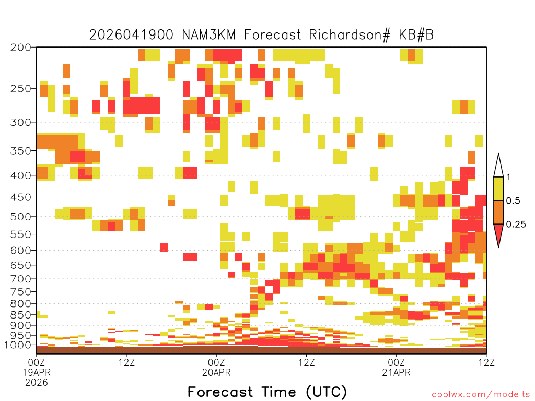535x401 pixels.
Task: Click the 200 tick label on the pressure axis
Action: tap(20, 48)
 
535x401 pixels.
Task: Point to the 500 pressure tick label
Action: tap(20, 217)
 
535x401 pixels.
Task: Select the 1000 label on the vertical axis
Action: tap(17, 345)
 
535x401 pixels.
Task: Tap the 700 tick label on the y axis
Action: tap(20, 279)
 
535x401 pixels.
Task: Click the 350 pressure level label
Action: tap(20, 151)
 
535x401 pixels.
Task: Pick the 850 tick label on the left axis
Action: tap(20, 315)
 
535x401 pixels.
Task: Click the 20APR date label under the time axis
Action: tap(216, 372)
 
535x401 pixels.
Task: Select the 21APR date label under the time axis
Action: tap(396, 372)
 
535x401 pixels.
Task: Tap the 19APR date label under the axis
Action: tap(37, 372)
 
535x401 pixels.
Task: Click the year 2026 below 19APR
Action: tap(37, 383)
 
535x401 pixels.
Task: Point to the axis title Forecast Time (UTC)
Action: tap(267, 392)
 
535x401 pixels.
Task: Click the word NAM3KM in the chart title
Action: tap(209, 35)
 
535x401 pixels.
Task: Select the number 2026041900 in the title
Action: tap(131, 35)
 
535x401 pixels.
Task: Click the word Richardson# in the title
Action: tap(350, 35)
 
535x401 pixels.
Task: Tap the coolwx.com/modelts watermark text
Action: tap(481, 395)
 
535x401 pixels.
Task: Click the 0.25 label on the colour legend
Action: tap(516, 225)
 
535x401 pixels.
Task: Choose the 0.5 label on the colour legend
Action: tap(513, 200)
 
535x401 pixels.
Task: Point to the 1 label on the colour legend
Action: tap(508, 177)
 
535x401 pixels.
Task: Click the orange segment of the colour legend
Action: tap(498, 212)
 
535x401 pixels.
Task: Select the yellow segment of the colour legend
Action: tap(498, 188)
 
